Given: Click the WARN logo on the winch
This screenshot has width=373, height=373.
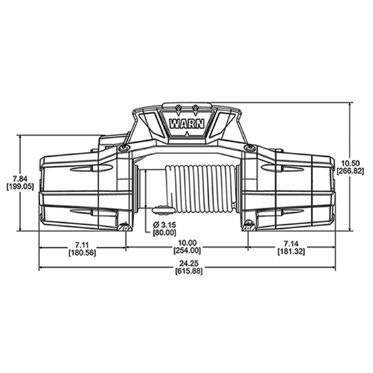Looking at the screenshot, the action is (x=186, y=124).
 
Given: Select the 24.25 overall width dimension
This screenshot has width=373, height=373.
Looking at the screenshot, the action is (x=189, y=264).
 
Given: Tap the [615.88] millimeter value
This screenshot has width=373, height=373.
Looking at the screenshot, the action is (x=189, y=271).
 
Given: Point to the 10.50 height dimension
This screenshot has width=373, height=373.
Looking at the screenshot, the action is (x=350, y=164).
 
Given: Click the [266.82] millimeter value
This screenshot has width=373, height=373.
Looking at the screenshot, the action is (x=350, y=171).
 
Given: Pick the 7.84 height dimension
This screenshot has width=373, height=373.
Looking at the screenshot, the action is (x=20, y=179).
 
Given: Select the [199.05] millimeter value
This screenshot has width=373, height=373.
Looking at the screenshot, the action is (x=20, y=186).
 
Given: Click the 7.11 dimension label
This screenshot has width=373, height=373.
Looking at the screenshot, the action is (x=82, y=244).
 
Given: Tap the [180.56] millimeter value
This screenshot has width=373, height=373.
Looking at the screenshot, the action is (x=82, y=253).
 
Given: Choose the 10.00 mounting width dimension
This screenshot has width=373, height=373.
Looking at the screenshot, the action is (x=188, y=242).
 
